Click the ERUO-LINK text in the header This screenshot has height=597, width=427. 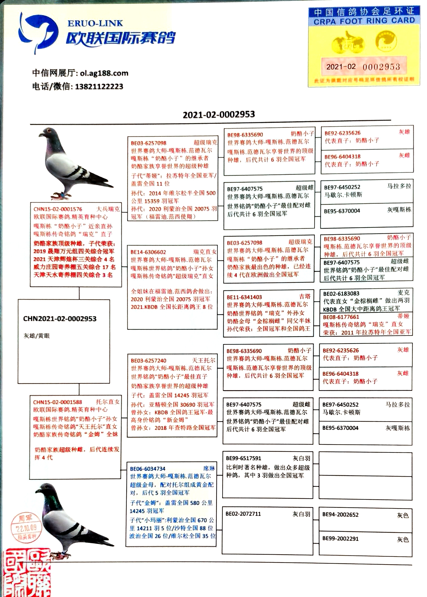95,23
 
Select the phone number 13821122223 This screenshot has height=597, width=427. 99,87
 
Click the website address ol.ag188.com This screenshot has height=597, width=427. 104,73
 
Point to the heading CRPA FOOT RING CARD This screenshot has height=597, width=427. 364,21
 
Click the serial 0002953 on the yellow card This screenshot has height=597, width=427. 381,67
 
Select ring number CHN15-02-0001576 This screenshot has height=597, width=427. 58,209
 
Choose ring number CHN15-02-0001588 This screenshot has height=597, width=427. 57,402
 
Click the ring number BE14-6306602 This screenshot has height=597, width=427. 148,252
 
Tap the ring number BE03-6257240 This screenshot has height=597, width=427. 148,361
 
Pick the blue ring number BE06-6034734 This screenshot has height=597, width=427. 148,469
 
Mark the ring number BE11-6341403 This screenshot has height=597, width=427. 244,297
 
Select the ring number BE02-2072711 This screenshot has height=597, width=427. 243,514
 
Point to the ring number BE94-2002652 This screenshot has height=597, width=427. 340,515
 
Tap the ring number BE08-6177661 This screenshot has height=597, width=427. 341,317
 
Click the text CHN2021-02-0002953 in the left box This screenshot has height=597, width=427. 60,319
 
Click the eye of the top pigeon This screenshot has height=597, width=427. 50,131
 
